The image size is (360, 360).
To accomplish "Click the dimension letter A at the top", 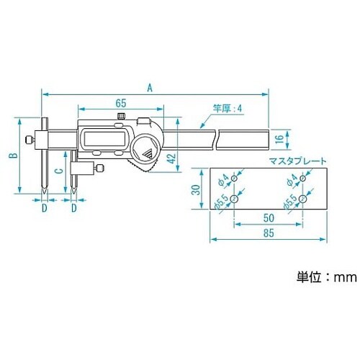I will click(x=149, y=87).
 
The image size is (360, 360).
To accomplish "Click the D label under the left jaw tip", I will click(x=44, y=208).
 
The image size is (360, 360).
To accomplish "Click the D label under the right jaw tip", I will click(x=75, y=208).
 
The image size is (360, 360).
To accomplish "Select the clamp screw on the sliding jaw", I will click(x=99, y=170).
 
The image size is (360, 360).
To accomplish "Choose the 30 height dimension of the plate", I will click(x=194, y=189).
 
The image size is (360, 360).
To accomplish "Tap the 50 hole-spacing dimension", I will click(x=268, y=217).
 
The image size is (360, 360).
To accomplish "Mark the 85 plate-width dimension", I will click(x=268, y=233).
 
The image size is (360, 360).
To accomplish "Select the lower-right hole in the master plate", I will click(x=303, y=205).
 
